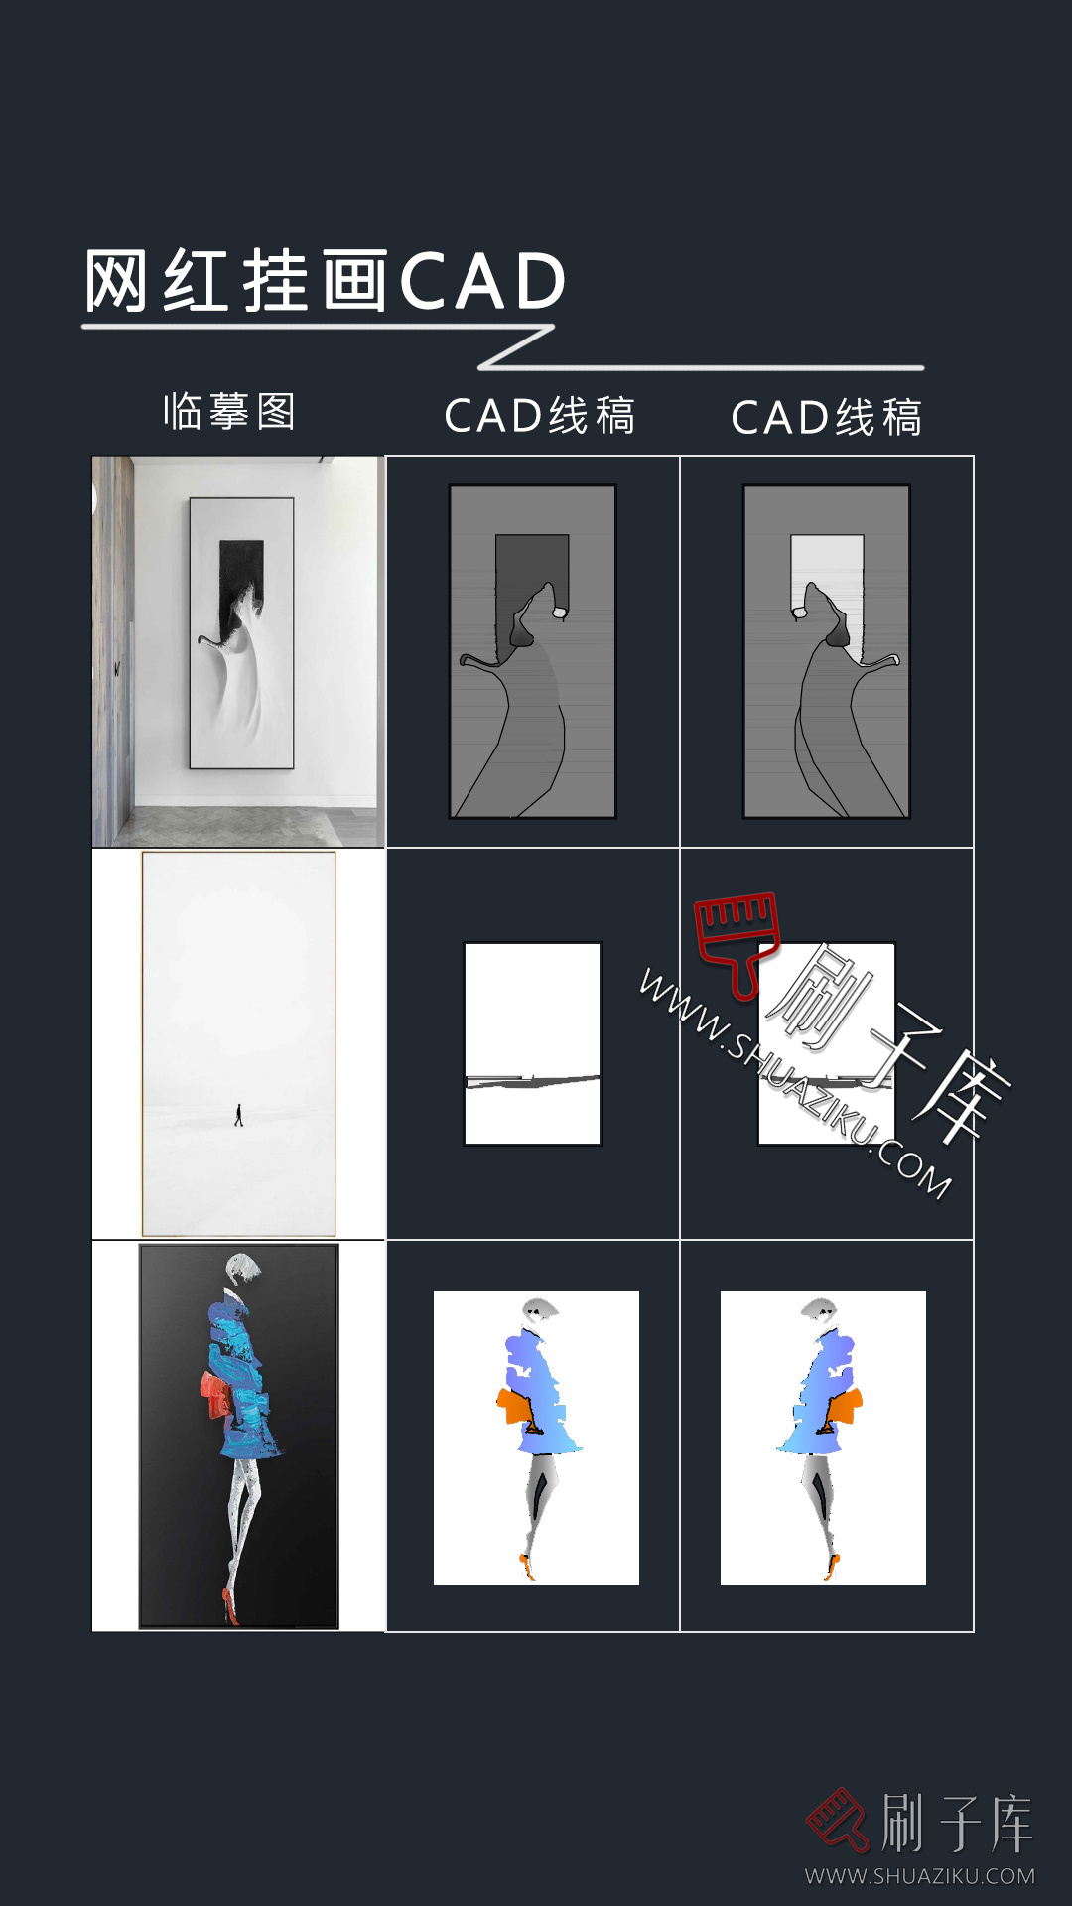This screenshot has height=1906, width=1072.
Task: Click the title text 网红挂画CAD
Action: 325,281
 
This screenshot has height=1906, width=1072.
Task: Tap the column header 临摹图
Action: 229,411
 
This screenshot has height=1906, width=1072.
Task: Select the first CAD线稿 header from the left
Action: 539,416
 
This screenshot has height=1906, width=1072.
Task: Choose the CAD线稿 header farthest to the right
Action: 826,418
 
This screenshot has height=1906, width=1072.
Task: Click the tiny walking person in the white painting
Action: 238,1115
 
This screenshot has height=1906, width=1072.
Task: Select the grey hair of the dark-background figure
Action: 243,1267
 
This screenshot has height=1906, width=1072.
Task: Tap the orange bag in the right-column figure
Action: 846,1406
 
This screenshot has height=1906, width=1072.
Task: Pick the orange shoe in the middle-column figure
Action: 526,1568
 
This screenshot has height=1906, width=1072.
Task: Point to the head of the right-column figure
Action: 820,1309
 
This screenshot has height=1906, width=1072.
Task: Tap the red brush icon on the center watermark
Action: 737,939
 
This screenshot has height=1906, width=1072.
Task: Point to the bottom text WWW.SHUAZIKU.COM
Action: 919,1876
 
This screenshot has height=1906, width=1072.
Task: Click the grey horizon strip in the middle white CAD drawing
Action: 532,1080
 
